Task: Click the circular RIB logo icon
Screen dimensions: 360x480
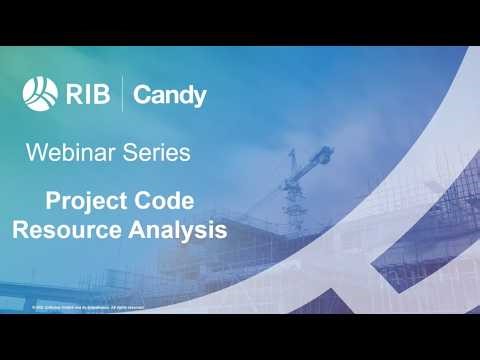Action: pyautogui.click(x=39, y=93)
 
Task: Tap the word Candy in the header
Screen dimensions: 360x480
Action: pyautogui.click(x=169, y=96)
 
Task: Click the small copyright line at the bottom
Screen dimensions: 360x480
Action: pyautogui.click(x=88, y=307)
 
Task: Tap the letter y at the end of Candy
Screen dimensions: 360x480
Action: pyautogui.click(x=199, y=98)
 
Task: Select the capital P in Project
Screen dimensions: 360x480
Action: pyautogui.click(x=54, y=200)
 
